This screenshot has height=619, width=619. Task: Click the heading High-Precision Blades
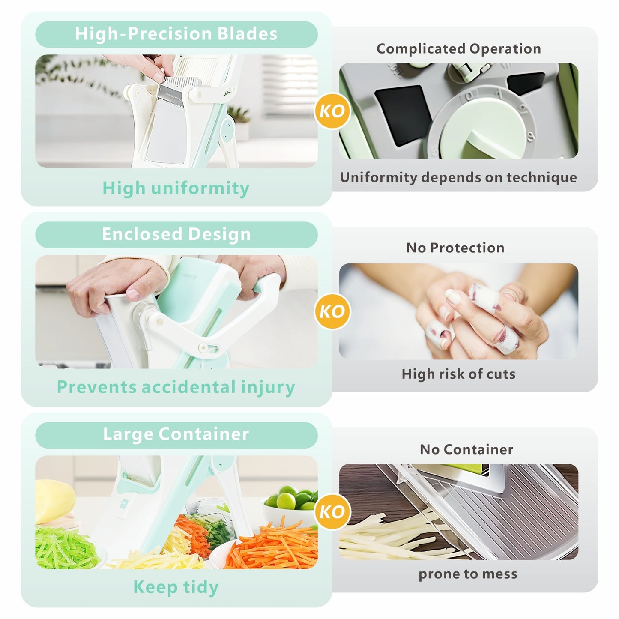click(176, 34)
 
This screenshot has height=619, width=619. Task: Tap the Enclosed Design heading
click(176, 234)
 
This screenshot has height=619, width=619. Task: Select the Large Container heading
click(176, 434)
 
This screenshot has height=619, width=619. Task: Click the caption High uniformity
click(176, 188)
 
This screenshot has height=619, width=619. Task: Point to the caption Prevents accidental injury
click(176, 387)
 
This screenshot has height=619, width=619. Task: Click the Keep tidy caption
click(176, 587)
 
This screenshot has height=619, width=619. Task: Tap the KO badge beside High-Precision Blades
click(332, 111)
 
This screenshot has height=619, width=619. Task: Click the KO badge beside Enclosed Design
click(332, 311)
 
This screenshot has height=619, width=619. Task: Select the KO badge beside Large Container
click(332, 511)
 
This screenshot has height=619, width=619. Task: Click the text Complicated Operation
click(458, 49)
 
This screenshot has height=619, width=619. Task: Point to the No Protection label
click(455, 248)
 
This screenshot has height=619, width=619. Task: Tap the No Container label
click(466, 449)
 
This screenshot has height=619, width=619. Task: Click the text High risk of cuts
click(458, 374)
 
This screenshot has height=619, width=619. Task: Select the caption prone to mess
click(468, 574)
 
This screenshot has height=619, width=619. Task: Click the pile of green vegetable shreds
click(64, 548)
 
